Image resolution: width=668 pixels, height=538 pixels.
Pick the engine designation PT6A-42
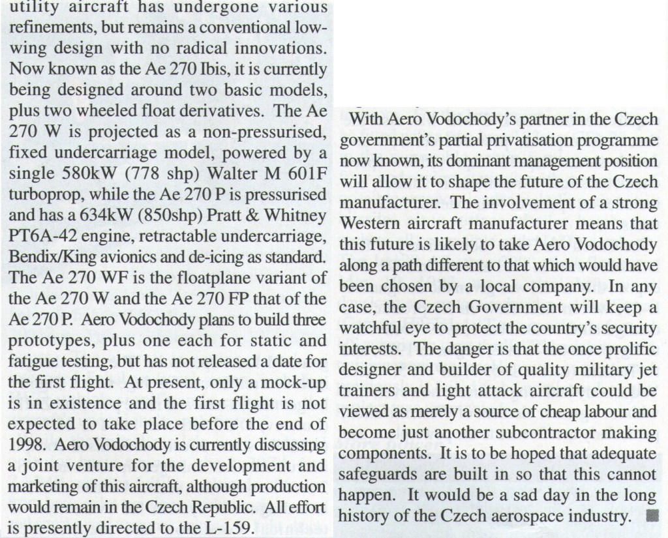click(40, 234)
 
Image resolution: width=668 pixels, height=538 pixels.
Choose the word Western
click(369, 224)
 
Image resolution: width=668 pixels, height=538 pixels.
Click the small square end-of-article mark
click(649, 516)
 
